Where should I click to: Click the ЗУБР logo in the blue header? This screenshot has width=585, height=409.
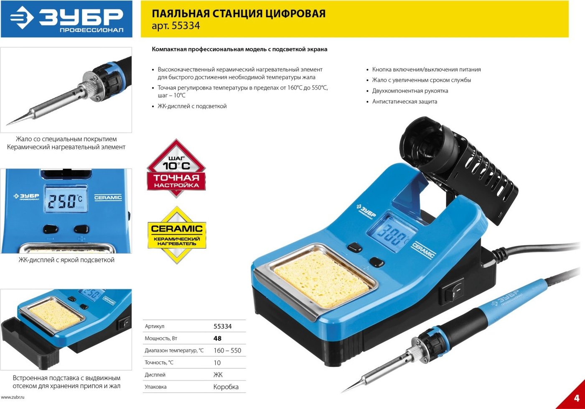[x=66, y=19]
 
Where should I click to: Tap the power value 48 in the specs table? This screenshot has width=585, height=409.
[x=217, y=338]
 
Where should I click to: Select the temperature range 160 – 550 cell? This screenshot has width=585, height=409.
[x=227, y=350]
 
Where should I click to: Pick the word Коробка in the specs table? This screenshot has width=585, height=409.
[x=226, y=387]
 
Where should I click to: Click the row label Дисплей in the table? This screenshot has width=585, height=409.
[x=155, y=375]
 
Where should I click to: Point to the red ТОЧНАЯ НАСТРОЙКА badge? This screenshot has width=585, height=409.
[x=176, y=168]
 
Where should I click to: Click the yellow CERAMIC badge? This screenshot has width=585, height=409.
[x=177, y=235]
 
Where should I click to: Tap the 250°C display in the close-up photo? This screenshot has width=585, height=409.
[x=66, y=199]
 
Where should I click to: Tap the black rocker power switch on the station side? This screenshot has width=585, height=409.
[x=453, y=291]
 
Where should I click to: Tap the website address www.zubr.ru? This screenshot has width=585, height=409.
[x=13, y=397]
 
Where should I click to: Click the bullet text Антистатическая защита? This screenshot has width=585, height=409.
[x=404, y=101]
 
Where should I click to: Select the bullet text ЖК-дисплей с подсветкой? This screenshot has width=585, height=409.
[x=192, y=106]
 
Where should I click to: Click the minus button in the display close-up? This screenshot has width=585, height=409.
[x=50, y=229]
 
